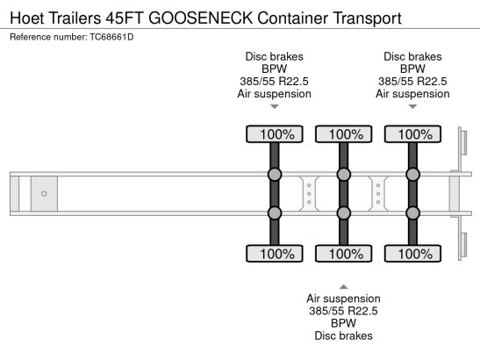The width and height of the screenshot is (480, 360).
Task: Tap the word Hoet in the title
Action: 26,17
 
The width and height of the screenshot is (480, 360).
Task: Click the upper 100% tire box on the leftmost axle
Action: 275,134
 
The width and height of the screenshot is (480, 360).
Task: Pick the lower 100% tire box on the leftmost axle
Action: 275,254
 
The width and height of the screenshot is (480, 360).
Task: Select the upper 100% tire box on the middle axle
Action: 343,134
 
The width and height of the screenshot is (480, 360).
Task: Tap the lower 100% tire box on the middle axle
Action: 343,254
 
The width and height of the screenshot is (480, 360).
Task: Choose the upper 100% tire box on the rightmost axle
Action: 412,134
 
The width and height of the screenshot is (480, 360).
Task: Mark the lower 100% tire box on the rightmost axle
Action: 412,254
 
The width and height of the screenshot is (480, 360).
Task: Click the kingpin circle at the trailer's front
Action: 44,193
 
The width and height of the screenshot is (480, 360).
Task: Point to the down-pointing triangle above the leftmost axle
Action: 275,107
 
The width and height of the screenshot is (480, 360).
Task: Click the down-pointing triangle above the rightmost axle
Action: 412,107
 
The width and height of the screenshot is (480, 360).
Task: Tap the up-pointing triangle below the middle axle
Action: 343,285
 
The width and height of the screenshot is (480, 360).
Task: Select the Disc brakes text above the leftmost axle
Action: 275,56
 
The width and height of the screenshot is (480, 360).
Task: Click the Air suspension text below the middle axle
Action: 343,299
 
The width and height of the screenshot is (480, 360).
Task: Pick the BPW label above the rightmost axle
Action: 412,68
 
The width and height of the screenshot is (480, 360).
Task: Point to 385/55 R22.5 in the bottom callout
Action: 343,311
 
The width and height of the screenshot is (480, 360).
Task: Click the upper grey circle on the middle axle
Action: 343,175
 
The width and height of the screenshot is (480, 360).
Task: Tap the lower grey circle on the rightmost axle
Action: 412,212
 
